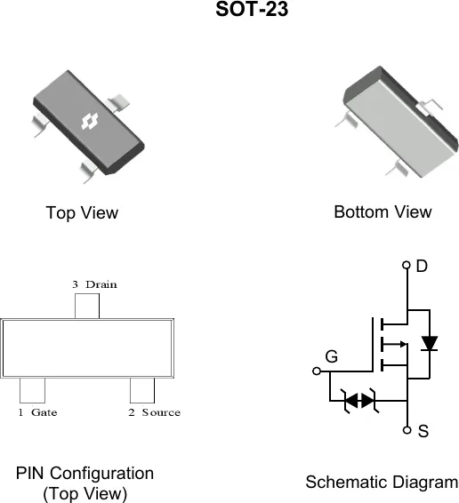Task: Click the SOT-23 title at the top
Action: [252, 9]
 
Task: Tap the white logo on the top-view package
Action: [90, 122]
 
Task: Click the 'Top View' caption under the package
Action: [82, 213]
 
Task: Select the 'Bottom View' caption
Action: [382, 212]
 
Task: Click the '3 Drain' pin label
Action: [95, 284]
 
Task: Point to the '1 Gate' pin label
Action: [37, 412]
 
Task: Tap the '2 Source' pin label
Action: [155, 412]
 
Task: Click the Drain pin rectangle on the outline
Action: [87, 306]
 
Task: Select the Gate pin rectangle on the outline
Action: [32, 390]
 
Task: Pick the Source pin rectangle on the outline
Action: [142, 390]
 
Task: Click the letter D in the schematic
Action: [422, 266]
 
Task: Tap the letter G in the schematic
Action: [332, 356]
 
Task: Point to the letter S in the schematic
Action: [423, 431]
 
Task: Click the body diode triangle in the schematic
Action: [430, 343]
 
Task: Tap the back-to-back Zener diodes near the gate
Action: [359, 400]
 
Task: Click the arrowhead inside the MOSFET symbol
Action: [404, 345]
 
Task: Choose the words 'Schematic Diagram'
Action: [382, 483]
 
